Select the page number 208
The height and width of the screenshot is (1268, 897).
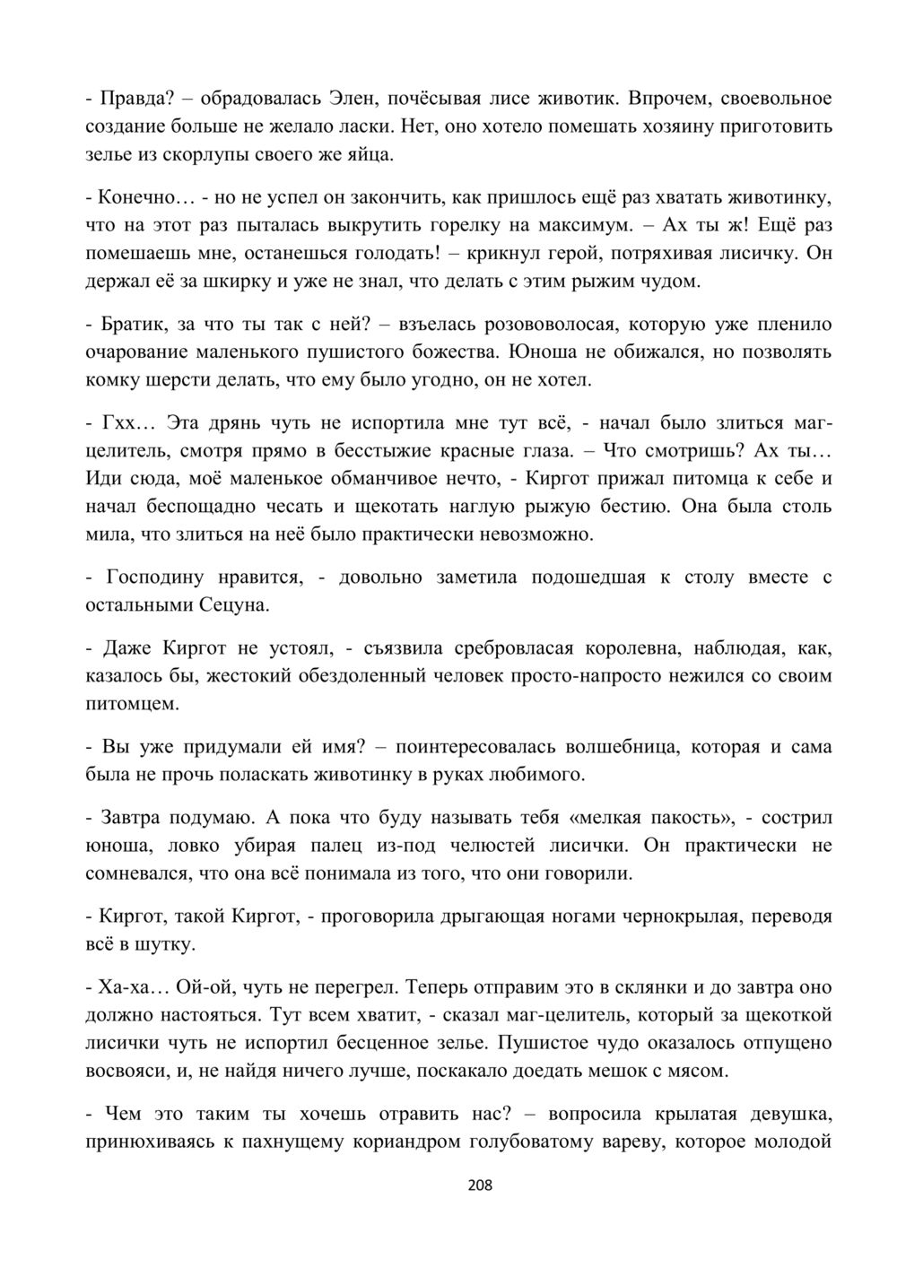[481, 1186]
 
